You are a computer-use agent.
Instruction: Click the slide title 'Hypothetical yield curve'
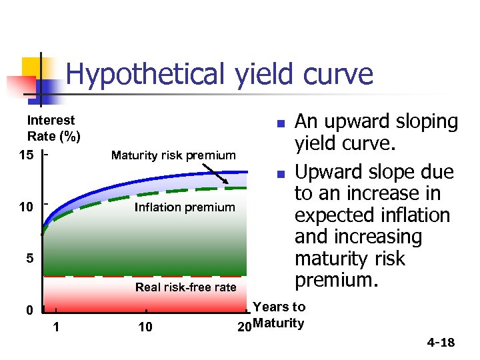[x=219, y=74]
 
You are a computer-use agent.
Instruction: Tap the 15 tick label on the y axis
[x=26, y=155]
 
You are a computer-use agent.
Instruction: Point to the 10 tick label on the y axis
[x=26, y=207]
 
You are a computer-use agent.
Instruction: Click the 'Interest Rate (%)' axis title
[x=53, y=129]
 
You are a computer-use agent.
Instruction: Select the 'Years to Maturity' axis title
[x=279, y=315]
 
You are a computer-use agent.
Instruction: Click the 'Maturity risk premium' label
[x=173, y=155]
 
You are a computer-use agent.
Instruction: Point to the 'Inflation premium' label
[x=185, y=207]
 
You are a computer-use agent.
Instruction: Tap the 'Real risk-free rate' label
[x=185, y=287]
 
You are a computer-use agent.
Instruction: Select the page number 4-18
[x=441, y=343]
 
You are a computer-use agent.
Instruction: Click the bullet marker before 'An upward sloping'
[x=281, y=124]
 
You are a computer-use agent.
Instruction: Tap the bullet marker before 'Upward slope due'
[x=281, y=175]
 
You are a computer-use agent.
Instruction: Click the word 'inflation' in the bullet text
[x=406, y=216]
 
